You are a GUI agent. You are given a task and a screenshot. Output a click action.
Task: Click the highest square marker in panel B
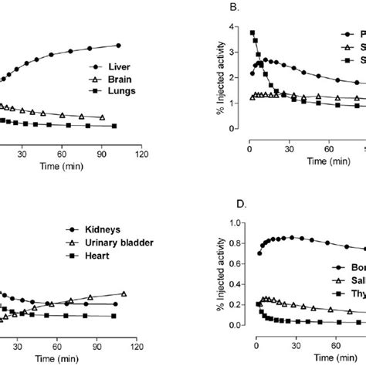[x=252, y=33]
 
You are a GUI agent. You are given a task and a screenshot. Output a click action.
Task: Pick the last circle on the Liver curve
[x=118, y=46]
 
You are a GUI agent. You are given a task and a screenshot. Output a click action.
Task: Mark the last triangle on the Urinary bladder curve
[x=124, y=293]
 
